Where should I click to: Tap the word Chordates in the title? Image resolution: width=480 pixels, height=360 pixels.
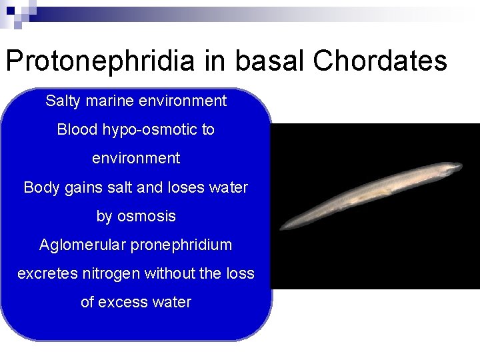[379, 61]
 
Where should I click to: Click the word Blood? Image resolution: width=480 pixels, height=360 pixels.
[77, 130]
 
